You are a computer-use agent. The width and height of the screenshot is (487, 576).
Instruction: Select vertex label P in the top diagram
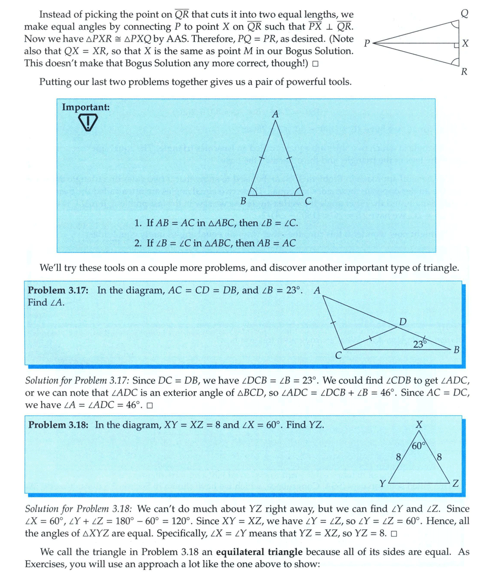pyautogui.click(x=366, y=44)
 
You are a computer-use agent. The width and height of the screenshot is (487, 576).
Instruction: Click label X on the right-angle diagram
pyautogui.click(x=465, y=45)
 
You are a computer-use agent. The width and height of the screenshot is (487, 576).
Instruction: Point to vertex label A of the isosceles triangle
pyautogui.click(x=275, y=115)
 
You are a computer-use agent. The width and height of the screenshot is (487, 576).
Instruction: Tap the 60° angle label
pyautogui.click(x=419, y=446)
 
